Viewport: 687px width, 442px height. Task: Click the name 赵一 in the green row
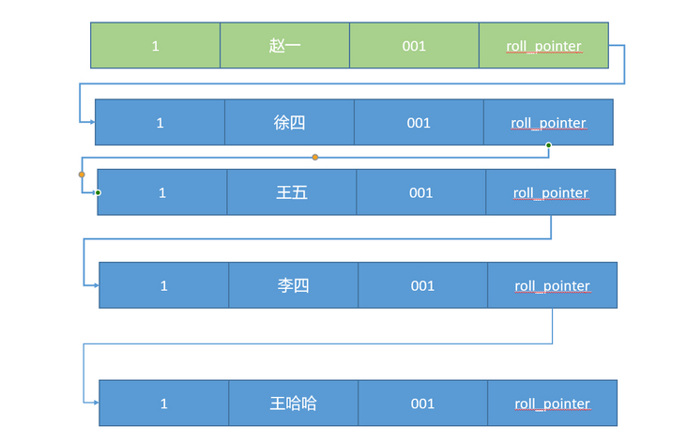pos(284,45)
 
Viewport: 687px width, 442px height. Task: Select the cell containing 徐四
pos(289,122)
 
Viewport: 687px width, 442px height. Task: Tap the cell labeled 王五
pos(291,192)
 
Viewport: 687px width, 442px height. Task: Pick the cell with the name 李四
pos(293,285)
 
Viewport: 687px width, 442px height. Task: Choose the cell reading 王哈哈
pos(293,404)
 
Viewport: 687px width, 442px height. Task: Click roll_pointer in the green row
pos(543,45)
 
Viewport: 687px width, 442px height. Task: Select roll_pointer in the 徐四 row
pos(548,122)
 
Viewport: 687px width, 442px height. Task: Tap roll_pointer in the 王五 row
pos(550,192)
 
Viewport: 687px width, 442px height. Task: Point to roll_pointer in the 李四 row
pos(552,285)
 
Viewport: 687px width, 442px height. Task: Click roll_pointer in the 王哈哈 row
pos(552,404)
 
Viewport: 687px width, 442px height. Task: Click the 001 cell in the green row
pos(414,45)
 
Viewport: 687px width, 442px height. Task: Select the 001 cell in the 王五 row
pos(420,192)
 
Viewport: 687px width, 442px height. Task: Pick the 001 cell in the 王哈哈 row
pos(422,404)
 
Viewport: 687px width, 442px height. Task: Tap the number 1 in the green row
pos(155,45)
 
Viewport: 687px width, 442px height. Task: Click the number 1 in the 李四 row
pos(163,285)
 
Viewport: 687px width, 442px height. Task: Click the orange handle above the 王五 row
pos(315,157)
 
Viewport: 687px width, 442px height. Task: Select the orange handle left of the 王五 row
pos(82,175)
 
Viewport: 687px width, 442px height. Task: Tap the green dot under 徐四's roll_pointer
pos(548,145)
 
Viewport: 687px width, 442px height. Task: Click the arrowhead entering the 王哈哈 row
pos(95,403)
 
